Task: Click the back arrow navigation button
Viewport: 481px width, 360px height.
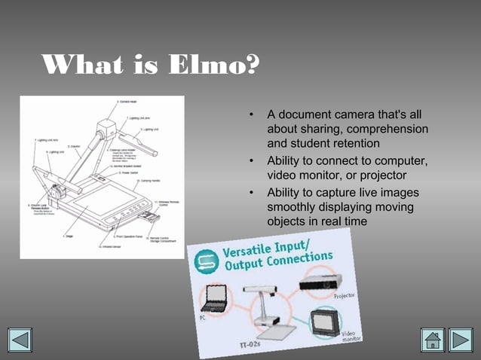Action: (x=20, y=339)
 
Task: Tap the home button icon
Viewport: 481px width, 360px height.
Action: (x=433, y=339)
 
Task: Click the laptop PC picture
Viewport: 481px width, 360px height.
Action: (x=215, y=298)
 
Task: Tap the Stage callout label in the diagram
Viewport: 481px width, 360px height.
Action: (x=69, y=236)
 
